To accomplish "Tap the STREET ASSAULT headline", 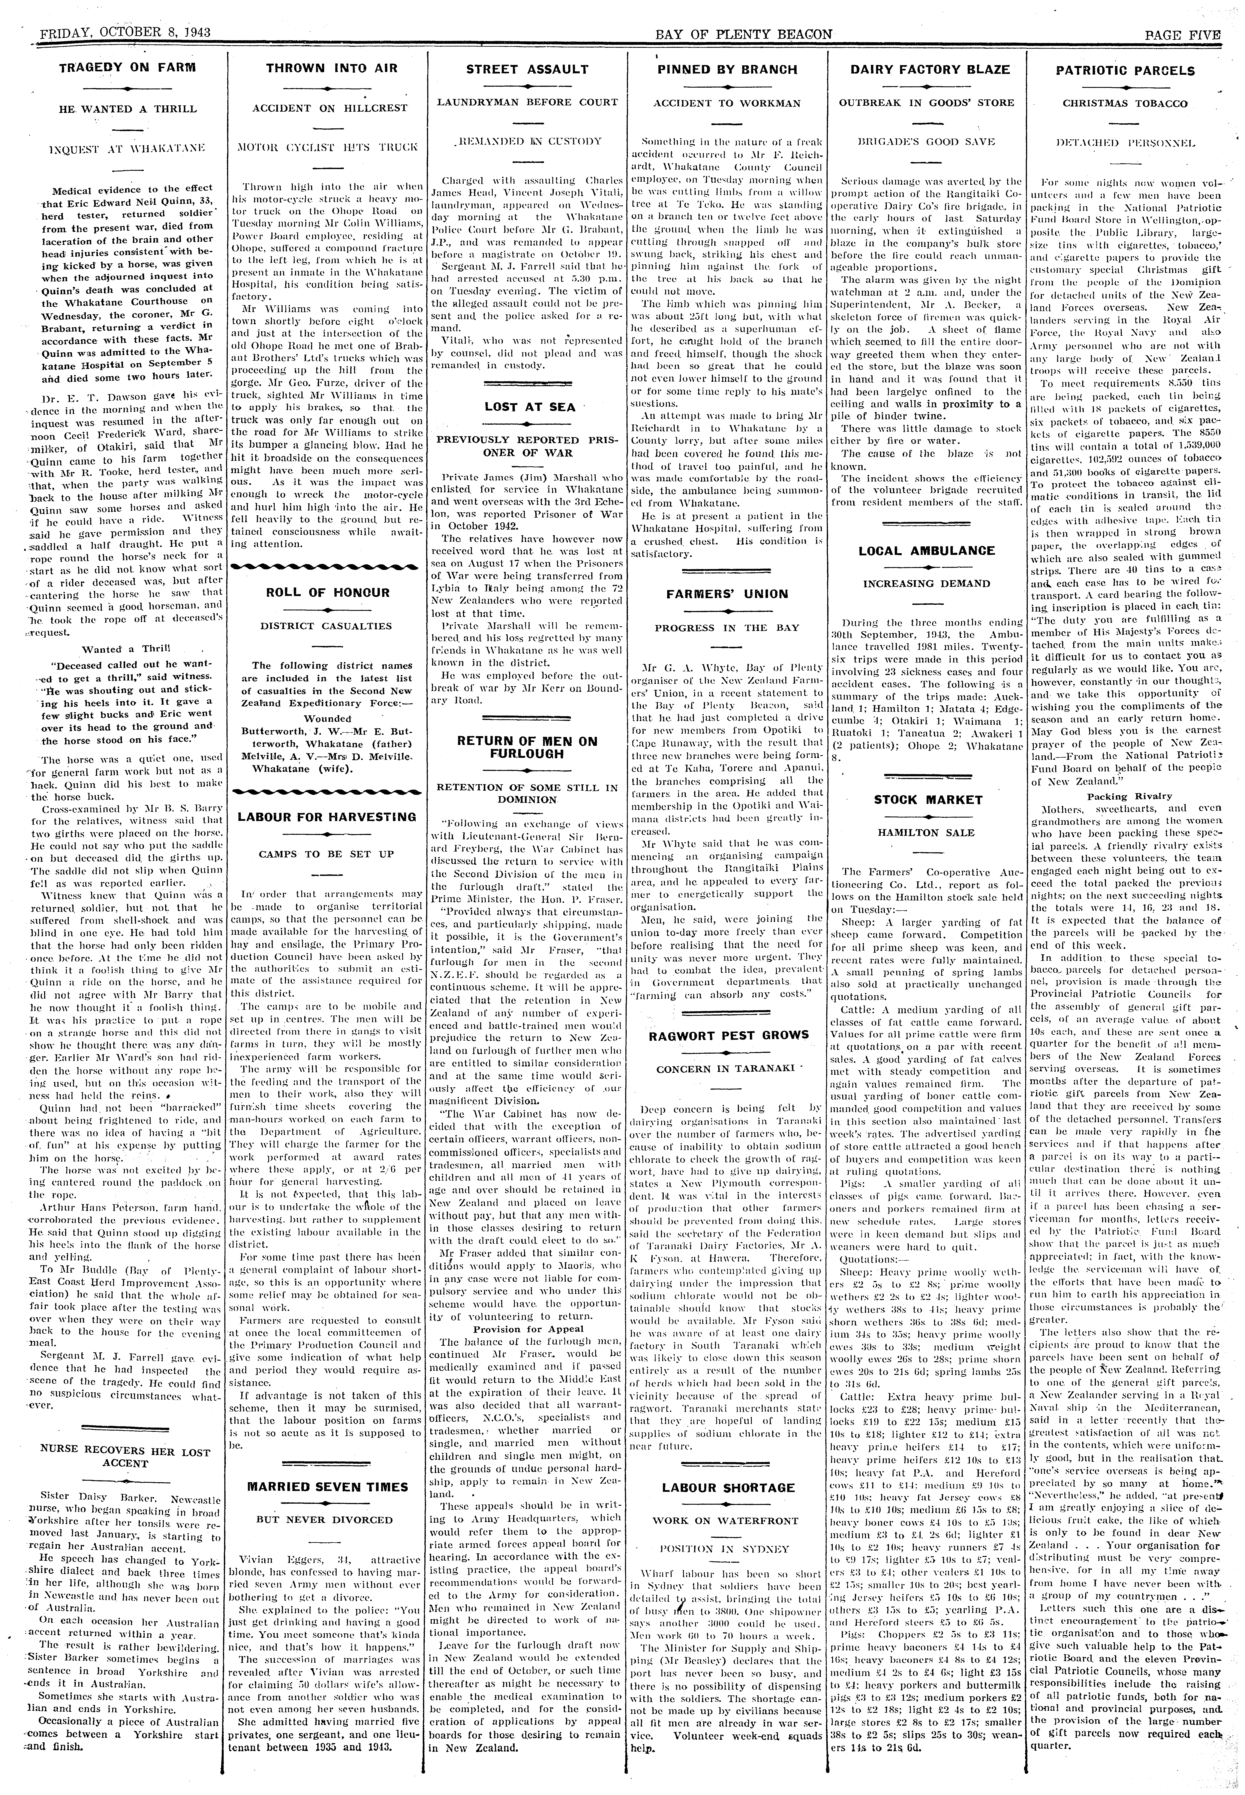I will [527, 69].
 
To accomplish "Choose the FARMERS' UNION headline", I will [727, 594].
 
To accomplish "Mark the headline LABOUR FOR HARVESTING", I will [327, 817].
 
